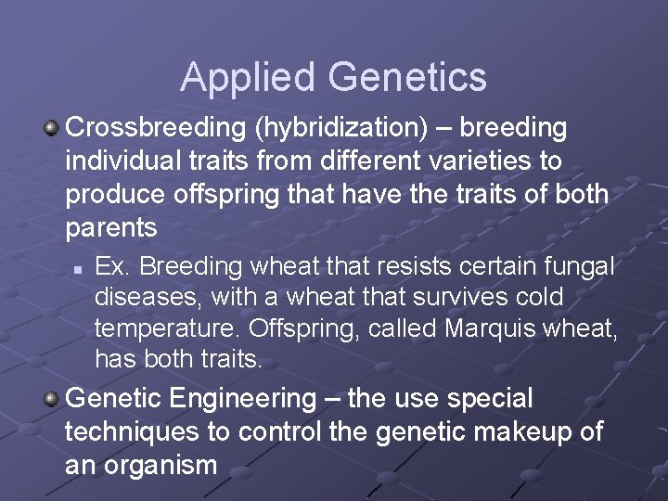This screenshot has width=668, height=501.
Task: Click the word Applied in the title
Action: pyautogui.click(x=237, y=77)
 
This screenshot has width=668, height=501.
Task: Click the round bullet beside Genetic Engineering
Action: pyautogui.click(x=52, y=399)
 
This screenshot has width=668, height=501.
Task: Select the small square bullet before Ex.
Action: pyautogui.click(x=80, y=269)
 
